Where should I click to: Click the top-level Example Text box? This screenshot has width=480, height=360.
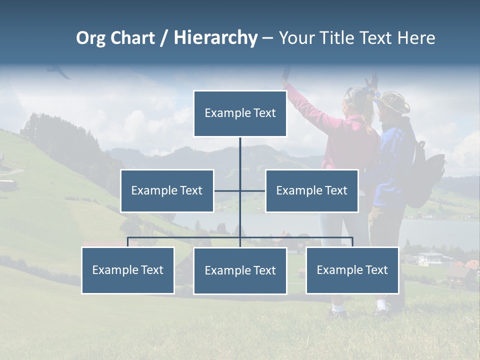click(240, 113)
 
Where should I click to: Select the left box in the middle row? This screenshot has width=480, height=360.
click(167, 190)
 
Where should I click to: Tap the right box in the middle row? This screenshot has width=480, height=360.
click(311, 190)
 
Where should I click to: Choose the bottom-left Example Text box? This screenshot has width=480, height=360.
click(128, 270)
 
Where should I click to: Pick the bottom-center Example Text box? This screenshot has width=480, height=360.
click(240, 270)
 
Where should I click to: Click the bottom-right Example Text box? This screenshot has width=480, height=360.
click(352, 270)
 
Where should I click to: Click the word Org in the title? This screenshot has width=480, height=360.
click(90, 38)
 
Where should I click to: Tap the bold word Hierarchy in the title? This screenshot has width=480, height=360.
click(215, 38)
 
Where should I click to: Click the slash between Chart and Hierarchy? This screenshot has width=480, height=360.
click(164, 38)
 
